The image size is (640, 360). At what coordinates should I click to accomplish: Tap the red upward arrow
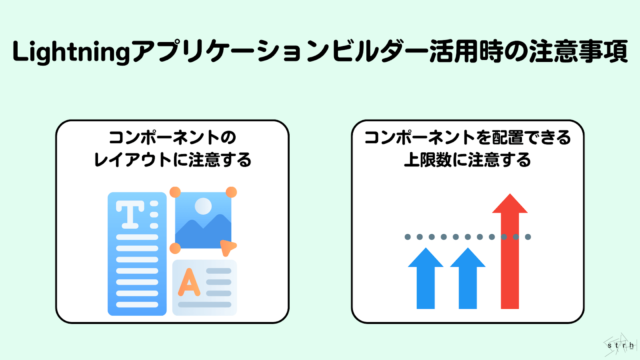point(510,256)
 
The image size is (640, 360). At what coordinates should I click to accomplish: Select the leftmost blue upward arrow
point(426,280)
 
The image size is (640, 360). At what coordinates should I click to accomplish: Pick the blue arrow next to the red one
point(468,280)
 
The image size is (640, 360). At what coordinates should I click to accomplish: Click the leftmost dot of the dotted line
point(408,237)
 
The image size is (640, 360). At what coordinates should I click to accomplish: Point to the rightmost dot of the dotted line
point(528,237)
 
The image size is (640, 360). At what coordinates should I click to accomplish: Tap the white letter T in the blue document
point(130,214)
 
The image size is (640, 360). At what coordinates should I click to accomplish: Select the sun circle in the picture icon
point(203,206)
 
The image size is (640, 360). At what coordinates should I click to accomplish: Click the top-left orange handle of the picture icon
point(175,192)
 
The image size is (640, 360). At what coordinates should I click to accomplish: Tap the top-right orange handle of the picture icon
point(231,192)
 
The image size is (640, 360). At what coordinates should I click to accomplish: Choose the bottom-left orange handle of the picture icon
point(175,248)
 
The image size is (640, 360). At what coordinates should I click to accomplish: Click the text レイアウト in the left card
point(132,160)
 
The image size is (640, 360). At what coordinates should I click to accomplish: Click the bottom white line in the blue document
point(137,305)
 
